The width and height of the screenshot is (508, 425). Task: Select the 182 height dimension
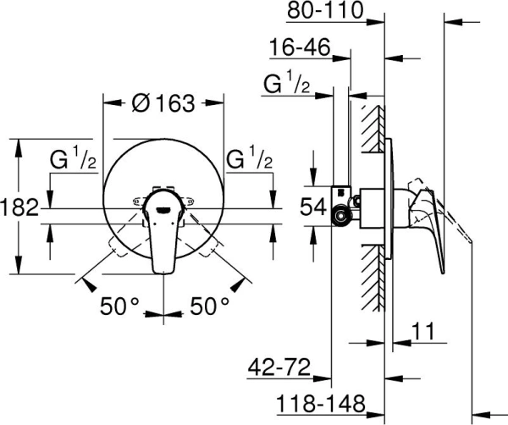(x=19, y=207)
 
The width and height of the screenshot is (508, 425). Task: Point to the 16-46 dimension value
(x=299, y=48)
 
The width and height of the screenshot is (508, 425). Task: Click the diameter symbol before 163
(x=141, y=103)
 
